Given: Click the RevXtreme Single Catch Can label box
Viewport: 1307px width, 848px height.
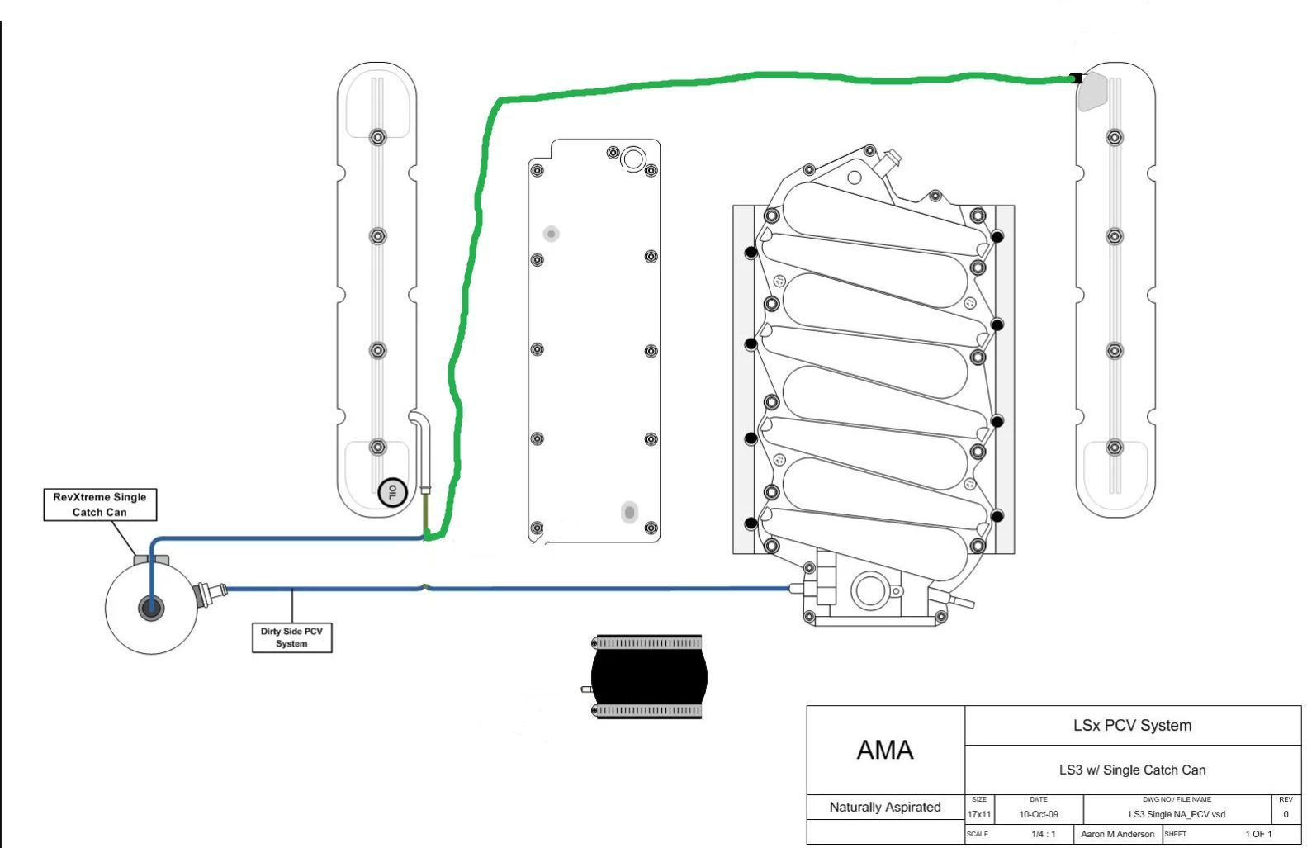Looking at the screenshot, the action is pos(101,505).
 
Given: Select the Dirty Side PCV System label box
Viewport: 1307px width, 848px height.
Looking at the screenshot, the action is pos(291,637).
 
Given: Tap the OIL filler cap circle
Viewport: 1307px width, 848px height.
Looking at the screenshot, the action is pos(392,493).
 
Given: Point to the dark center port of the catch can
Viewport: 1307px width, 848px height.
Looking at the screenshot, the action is pos(151,608).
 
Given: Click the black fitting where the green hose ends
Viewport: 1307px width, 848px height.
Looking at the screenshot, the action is pos(1076,78).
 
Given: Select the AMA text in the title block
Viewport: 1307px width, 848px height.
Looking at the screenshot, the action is pos(885,750).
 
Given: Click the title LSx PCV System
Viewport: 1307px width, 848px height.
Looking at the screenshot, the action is pos(1132,726).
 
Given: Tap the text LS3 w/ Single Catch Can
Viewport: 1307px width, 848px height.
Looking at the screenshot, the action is pos(1132,770).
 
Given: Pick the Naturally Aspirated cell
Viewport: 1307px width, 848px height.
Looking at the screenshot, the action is pos(885,808).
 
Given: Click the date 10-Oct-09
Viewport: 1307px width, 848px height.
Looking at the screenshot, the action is pos(1039,814).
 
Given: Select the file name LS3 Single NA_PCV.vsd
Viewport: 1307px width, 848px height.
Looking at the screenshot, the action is pos(1177,814).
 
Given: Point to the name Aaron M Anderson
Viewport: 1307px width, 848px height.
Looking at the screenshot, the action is pos(1117,834).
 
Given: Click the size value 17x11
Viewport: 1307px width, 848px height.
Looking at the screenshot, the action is pos(979,814).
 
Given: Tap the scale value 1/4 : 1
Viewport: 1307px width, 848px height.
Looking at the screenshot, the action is pos(1044,834).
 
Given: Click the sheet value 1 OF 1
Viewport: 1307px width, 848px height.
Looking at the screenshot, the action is pos(1258,834).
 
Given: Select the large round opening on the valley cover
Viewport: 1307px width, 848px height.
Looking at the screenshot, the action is pos(633,159).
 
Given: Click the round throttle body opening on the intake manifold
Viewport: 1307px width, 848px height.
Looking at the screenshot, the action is pos(869,590).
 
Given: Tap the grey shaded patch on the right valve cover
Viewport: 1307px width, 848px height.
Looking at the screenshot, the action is pos(1092,92).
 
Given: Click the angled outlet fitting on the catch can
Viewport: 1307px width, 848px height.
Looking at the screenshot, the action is pos(210,594).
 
